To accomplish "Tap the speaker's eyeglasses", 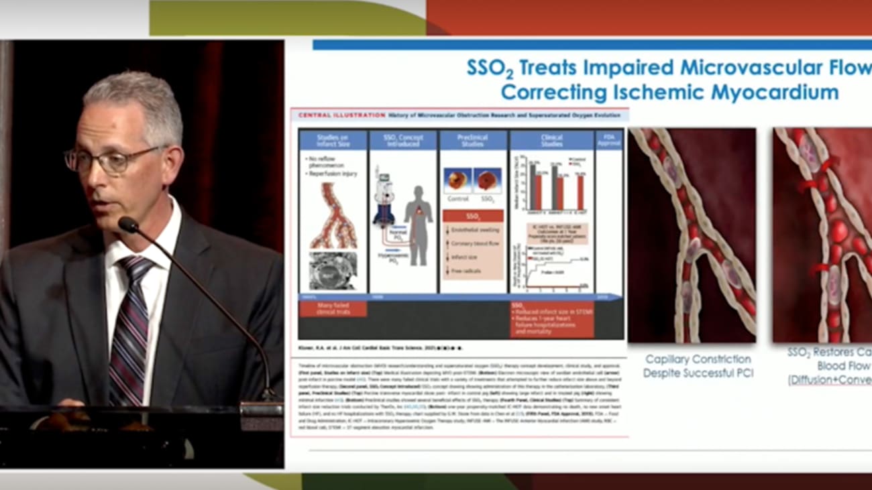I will click(x=114, y=160).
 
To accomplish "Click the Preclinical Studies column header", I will click(x=472, y=140).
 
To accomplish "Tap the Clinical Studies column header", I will click(x=551, y=140).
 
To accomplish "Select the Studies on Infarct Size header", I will click(x=333, y=140).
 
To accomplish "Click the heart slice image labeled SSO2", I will click(x=488, y=182).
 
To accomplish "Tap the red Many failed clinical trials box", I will click(x=333, y=309).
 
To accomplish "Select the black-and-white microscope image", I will click(x=333, y=270).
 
